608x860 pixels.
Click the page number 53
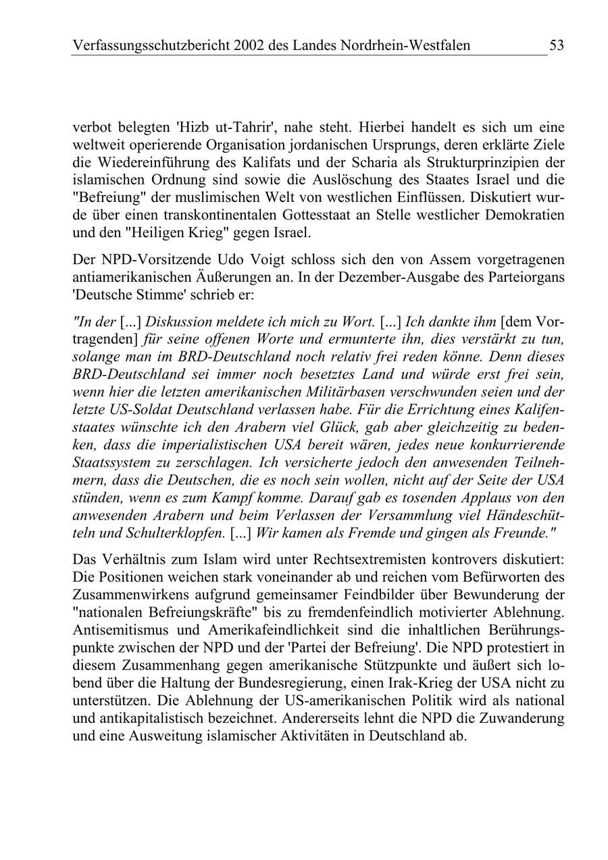click(x=557, y=45)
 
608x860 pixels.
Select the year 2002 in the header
click(x=261, y=45)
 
